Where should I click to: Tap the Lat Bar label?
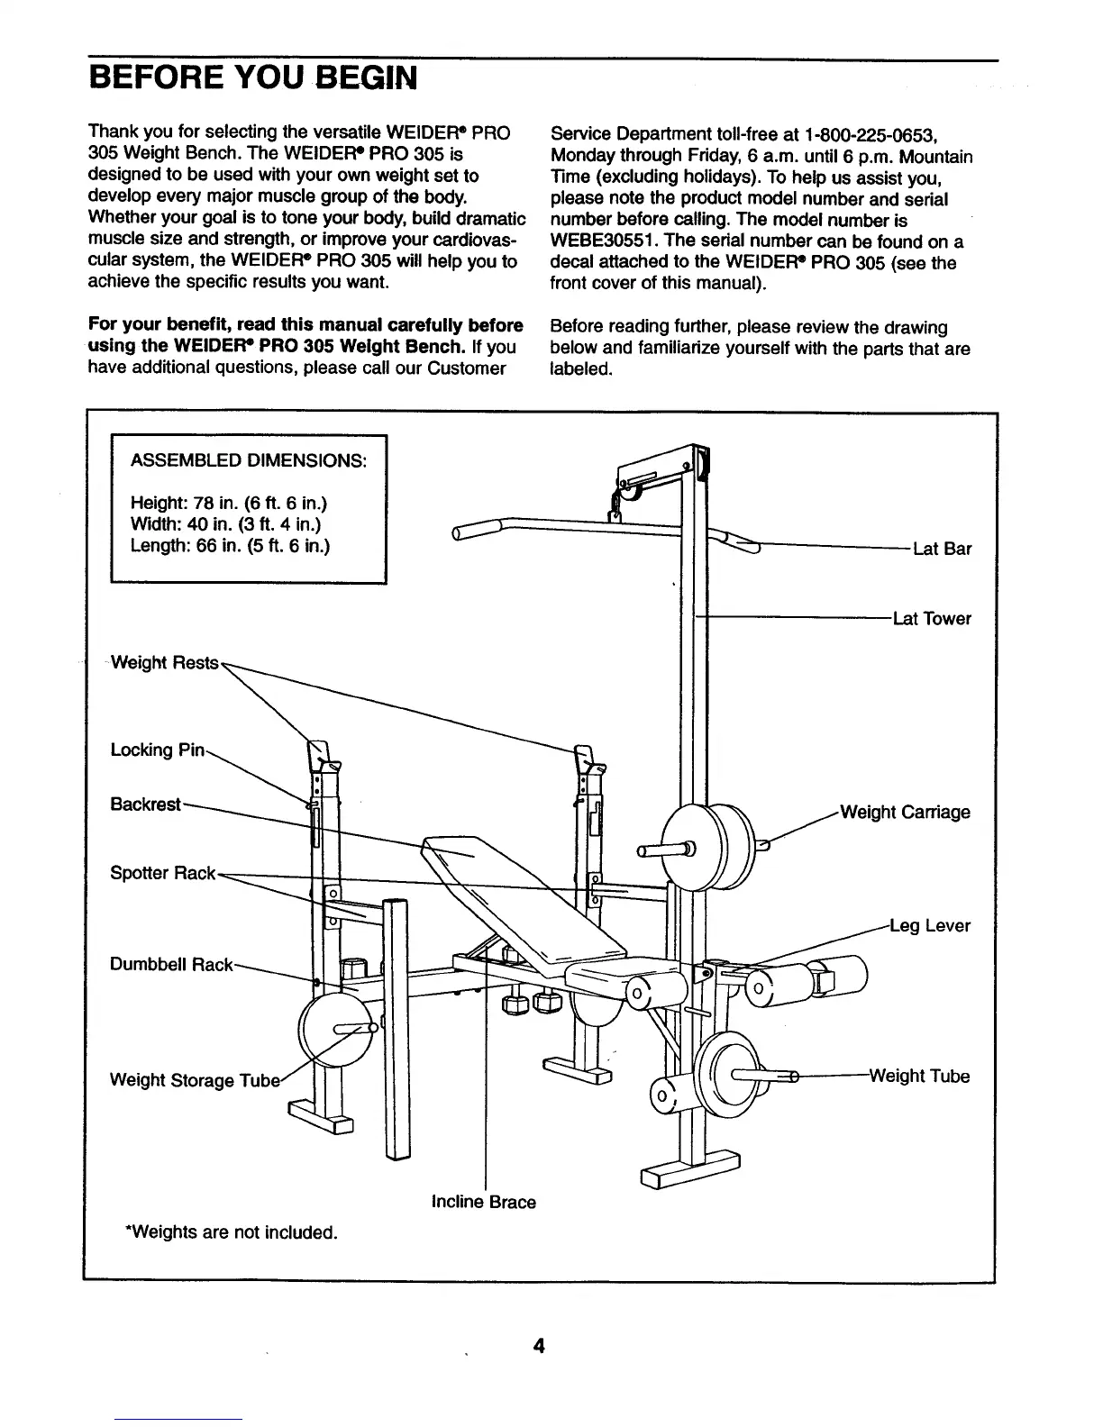point(942,550)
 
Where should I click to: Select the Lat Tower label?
point(932,619)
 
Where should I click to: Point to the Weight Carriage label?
point(905,813)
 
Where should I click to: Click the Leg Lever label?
point(929,926)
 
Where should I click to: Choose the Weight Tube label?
point(919,1077)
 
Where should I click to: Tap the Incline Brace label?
point(484,1203)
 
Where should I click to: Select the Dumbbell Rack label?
point(171,965)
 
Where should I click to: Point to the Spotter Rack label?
point(163,873)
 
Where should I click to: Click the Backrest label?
point(146,804)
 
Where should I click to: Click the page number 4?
point(539,1346)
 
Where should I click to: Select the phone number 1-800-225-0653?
point(868,135)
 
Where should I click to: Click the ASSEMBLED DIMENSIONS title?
point(249,461)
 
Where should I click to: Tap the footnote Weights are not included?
point(231,1232)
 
